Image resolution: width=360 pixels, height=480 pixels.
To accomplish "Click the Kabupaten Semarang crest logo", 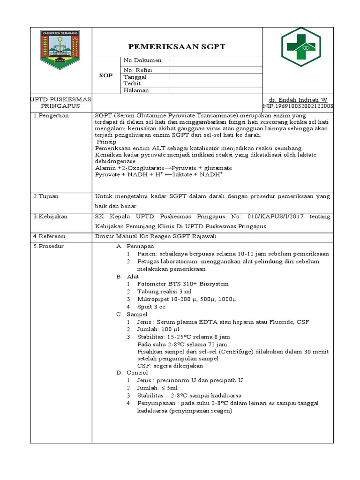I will click(61, 50).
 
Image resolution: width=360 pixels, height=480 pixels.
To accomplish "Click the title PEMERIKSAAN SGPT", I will click(177, 46).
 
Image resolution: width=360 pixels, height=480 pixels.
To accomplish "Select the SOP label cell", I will click(106, 75).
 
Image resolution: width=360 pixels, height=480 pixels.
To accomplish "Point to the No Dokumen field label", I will click(142, 60).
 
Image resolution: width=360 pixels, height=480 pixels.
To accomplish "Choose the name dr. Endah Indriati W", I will click(298, 100).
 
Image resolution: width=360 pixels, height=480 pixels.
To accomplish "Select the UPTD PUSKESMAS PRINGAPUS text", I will click(61, 103).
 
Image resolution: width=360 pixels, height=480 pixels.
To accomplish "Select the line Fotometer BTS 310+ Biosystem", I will click(183, 284).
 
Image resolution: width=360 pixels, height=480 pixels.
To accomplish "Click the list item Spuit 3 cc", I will click(151, 307).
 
